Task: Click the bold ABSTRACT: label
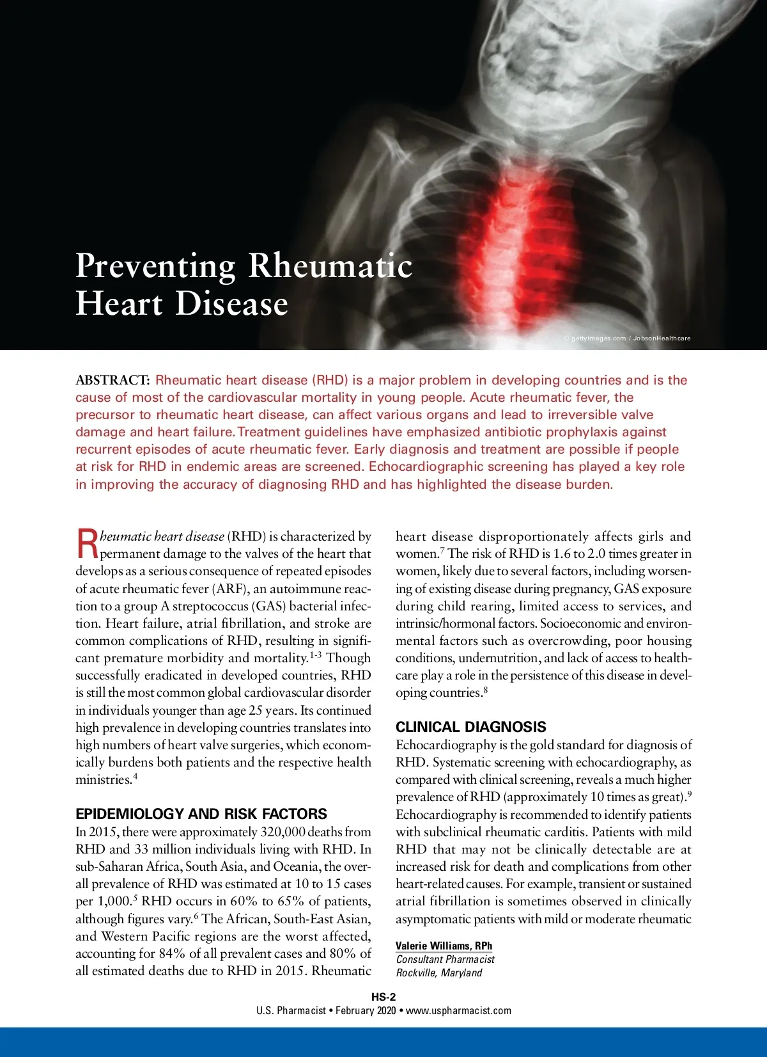pyautogui.click(x=112, y=380)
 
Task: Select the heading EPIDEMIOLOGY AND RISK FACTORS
pyautogui.click(x=201, y=814)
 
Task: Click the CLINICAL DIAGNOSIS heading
pyautogui.click(x=470, y=727)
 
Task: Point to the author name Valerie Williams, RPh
pyautogui.click(x=444, y=946)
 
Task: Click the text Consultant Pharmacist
pyautogui.click(x=445, y=959)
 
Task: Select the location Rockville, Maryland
pyautogui.click(x=438, y=973)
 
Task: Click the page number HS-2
pyautogui.click(x=383, y=997)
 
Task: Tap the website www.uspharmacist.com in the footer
pyautogui.click(x=458, y=1011)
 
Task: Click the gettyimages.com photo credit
pyautogui.click(x=598, y=338)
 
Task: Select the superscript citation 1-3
pyautogui.click(x=315, y=656)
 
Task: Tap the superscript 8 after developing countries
pyautogui.click(x=486, y=690)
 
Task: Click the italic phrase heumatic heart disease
pyautogui.click(x=162, y=536)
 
